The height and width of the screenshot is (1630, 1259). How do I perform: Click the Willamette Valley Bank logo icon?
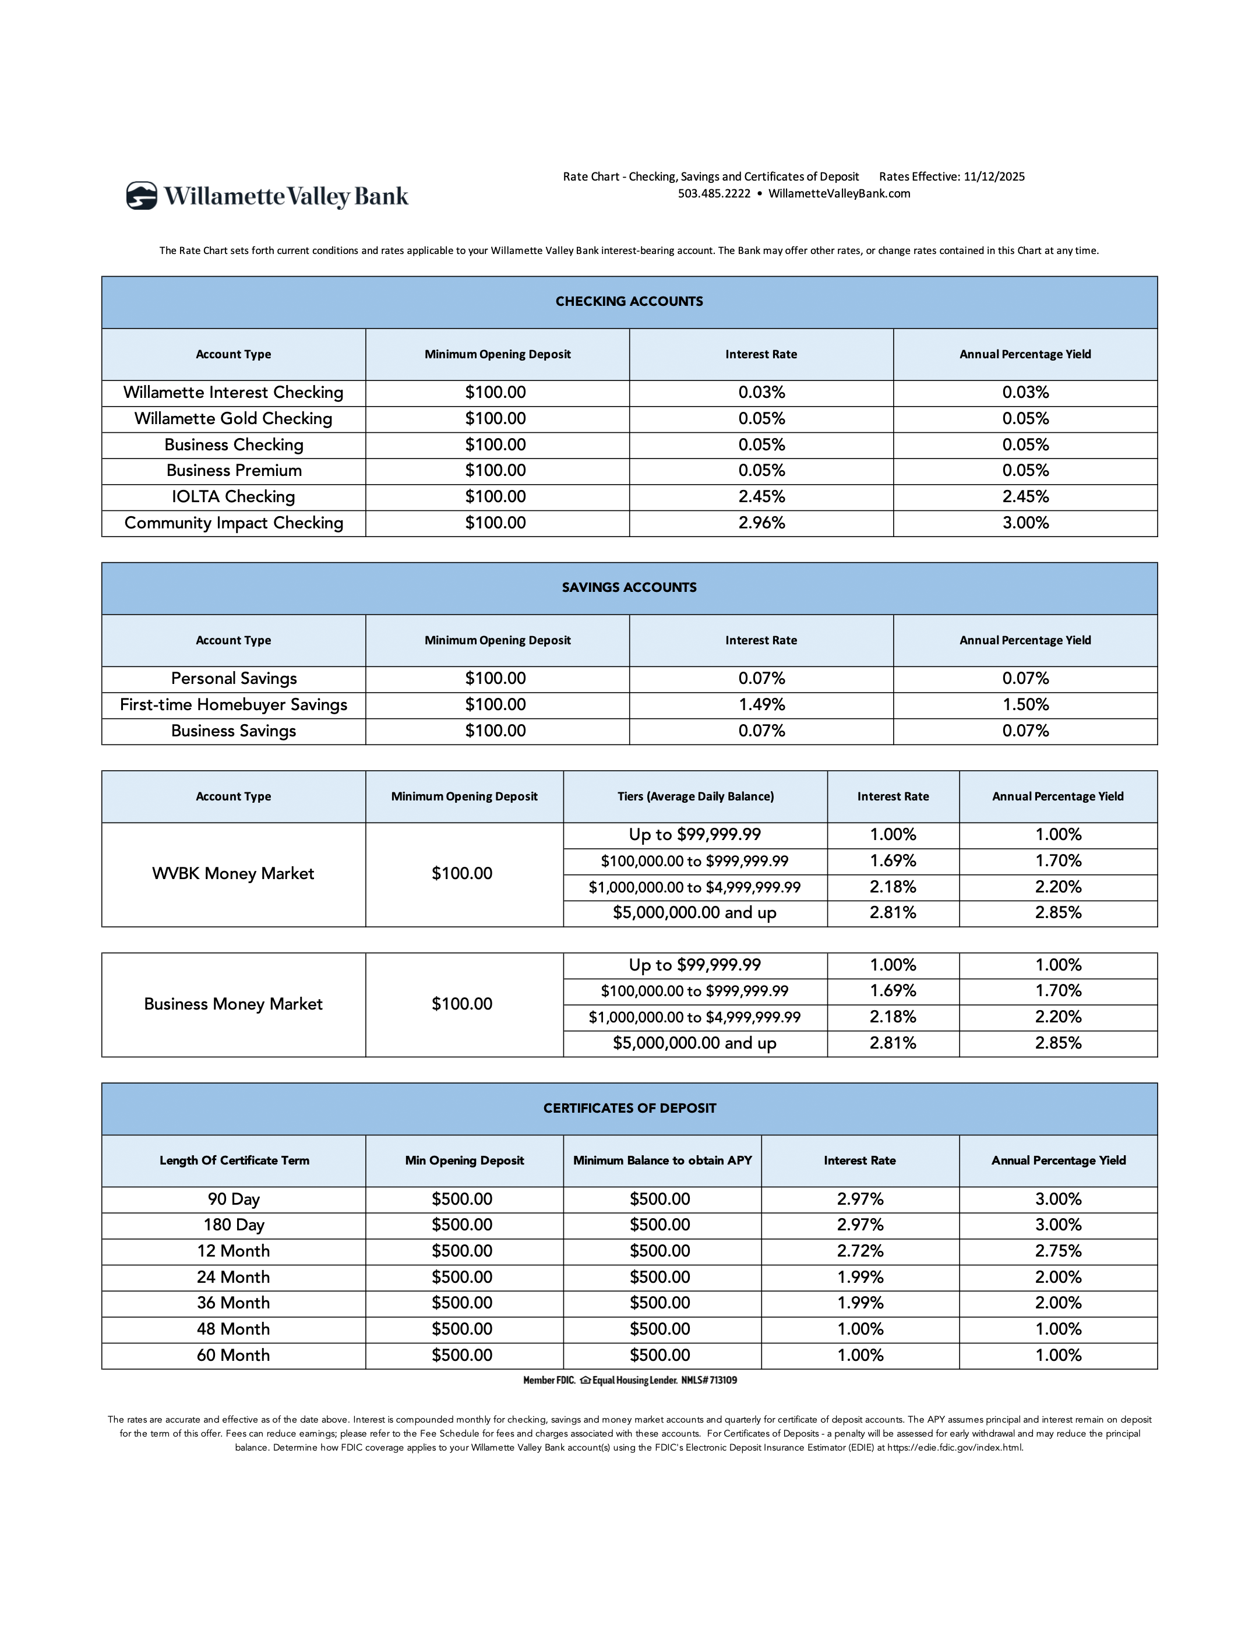[142, 196]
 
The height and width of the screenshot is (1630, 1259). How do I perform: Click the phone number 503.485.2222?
[714, 194]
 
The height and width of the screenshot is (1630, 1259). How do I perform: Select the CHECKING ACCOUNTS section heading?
[629, 302]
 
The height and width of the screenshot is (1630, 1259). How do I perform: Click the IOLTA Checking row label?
[234, 497]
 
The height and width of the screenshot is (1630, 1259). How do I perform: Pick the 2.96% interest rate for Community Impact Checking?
[761, 523]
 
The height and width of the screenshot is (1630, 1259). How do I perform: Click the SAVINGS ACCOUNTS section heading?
[629, 587]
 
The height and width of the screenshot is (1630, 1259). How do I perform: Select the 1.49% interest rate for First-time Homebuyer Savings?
[761, 704]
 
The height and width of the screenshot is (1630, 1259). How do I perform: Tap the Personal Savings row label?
[234, 679]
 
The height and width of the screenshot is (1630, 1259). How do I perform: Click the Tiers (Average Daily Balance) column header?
[696, 796]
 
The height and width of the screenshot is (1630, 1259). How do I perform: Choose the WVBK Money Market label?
[234, 874]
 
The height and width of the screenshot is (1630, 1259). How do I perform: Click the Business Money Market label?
[234, 1004]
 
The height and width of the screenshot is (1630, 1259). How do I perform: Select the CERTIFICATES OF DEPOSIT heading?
[629, 1108]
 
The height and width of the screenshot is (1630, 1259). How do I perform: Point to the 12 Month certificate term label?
[234, 1251]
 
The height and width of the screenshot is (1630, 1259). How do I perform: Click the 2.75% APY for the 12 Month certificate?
[1058, 1251]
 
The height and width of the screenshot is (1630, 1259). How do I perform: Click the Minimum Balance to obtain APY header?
[662, 1160]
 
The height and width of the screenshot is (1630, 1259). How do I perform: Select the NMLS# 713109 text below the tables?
[709, 1381]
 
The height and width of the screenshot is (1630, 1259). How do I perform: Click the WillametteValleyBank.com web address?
[839, 194]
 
